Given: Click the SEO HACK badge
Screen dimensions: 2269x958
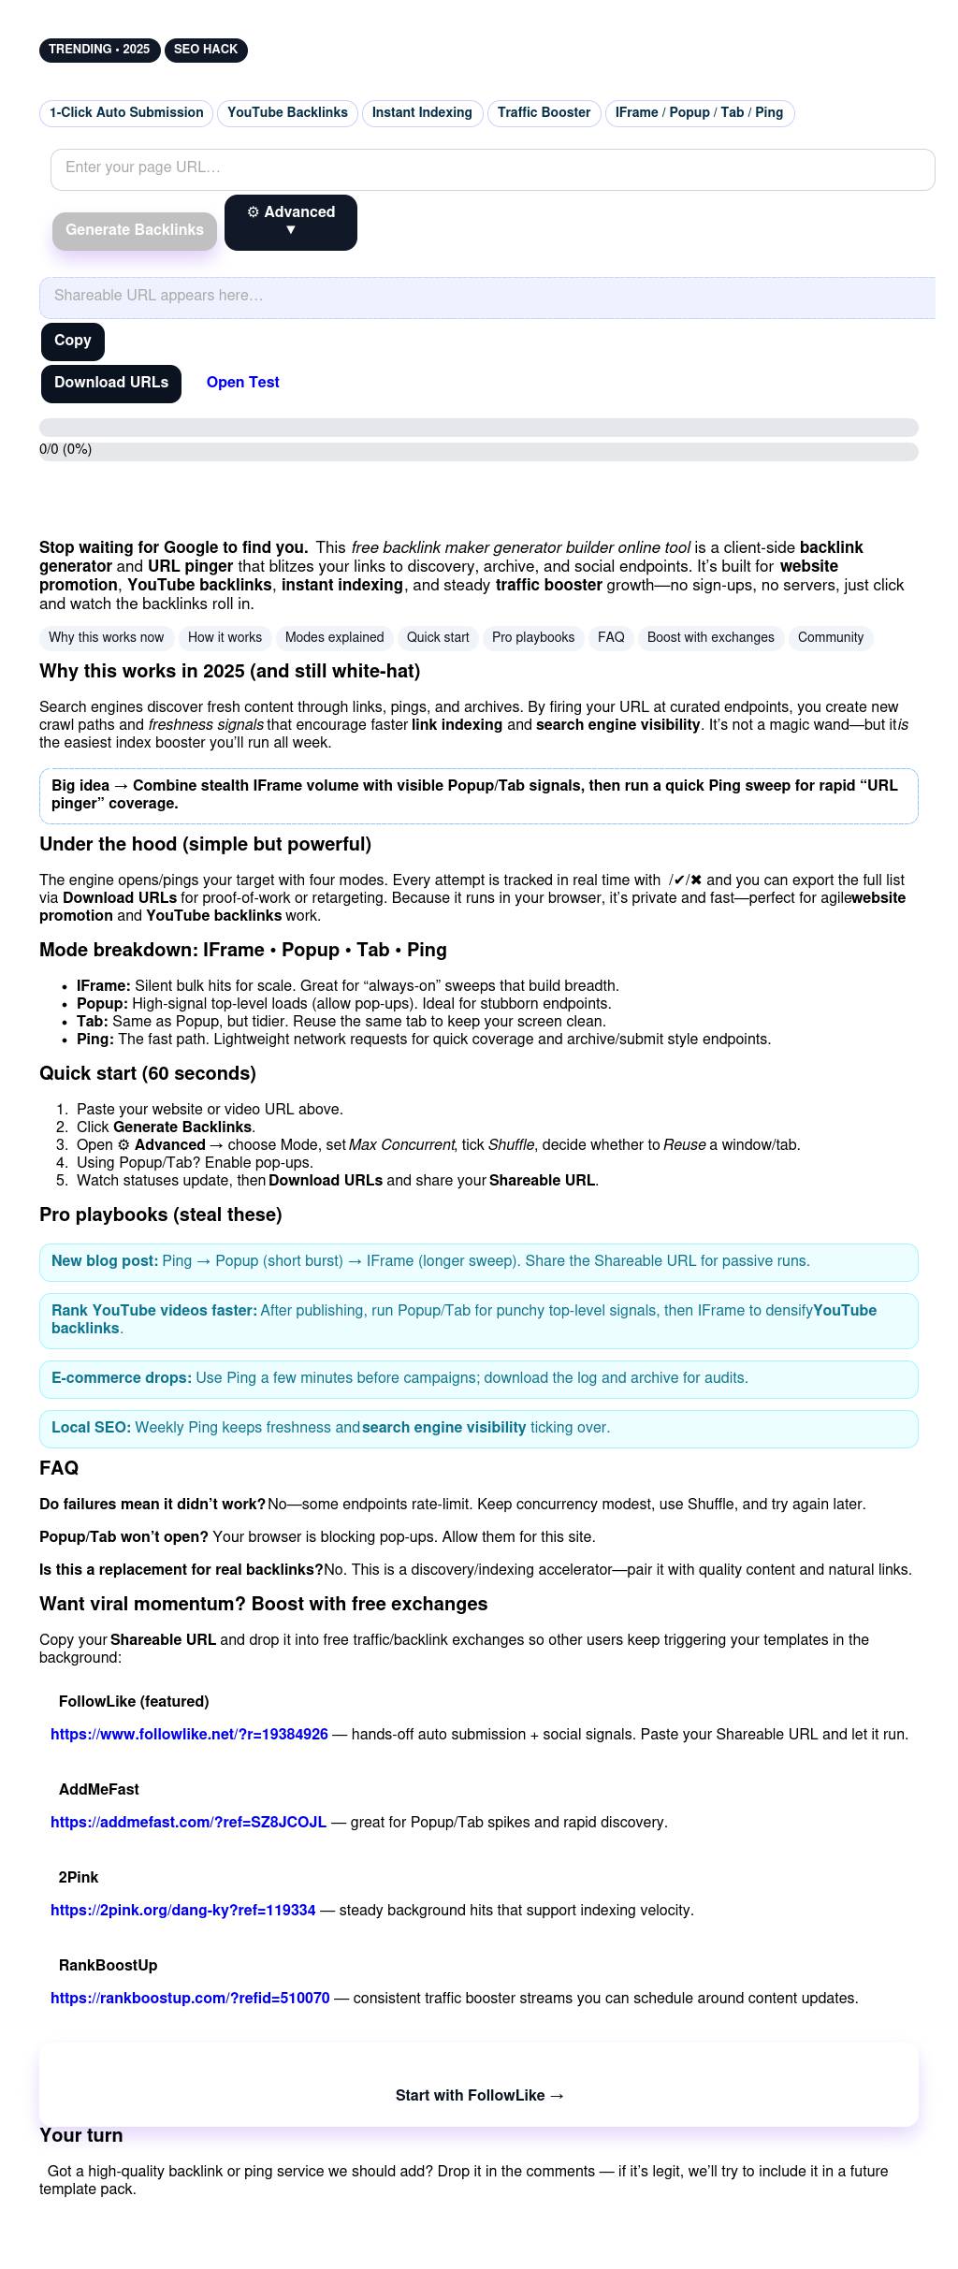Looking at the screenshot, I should [206, 50].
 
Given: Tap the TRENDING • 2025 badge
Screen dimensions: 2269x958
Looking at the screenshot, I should [99, 50].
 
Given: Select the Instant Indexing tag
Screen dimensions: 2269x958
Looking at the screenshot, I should [422, 113].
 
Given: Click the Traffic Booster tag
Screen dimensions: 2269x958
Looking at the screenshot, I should [544, 113].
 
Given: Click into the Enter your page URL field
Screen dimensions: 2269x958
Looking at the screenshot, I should [492, 168].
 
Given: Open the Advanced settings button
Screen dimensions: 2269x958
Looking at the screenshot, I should [290, 222].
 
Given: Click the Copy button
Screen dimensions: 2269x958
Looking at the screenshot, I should [73, 341].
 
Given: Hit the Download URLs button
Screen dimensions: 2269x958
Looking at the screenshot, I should [111, 383].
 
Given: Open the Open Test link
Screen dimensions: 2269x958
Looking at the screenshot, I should [243, 383].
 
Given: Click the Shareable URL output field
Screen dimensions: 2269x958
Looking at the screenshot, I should [486, 297].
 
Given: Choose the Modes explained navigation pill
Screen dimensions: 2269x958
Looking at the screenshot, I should [334, 638].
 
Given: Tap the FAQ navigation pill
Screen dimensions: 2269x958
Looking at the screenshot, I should [611, 638].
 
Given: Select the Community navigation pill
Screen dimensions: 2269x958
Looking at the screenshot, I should [831, 638].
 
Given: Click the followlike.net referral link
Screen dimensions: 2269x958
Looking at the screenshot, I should [189, 1735].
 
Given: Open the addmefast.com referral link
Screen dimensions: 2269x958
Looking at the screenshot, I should [188, 1823].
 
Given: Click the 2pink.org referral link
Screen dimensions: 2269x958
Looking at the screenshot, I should [182, 1911].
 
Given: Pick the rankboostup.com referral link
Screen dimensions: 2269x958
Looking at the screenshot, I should [190, 1999].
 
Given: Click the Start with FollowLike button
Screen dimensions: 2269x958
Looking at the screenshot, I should [479, 2096].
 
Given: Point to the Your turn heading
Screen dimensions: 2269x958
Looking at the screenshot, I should [81, 2136].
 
